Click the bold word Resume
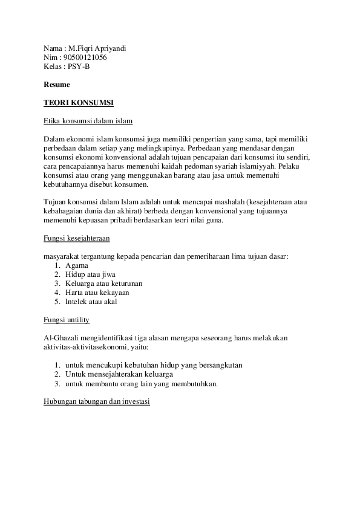(x=57, y=84)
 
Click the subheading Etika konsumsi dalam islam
(x=88, y=120)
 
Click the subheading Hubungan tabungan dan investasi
(x=97, y=401)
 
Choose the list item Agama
(x=77, y=265)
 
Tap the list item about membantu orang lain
(x=142, y=383)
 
